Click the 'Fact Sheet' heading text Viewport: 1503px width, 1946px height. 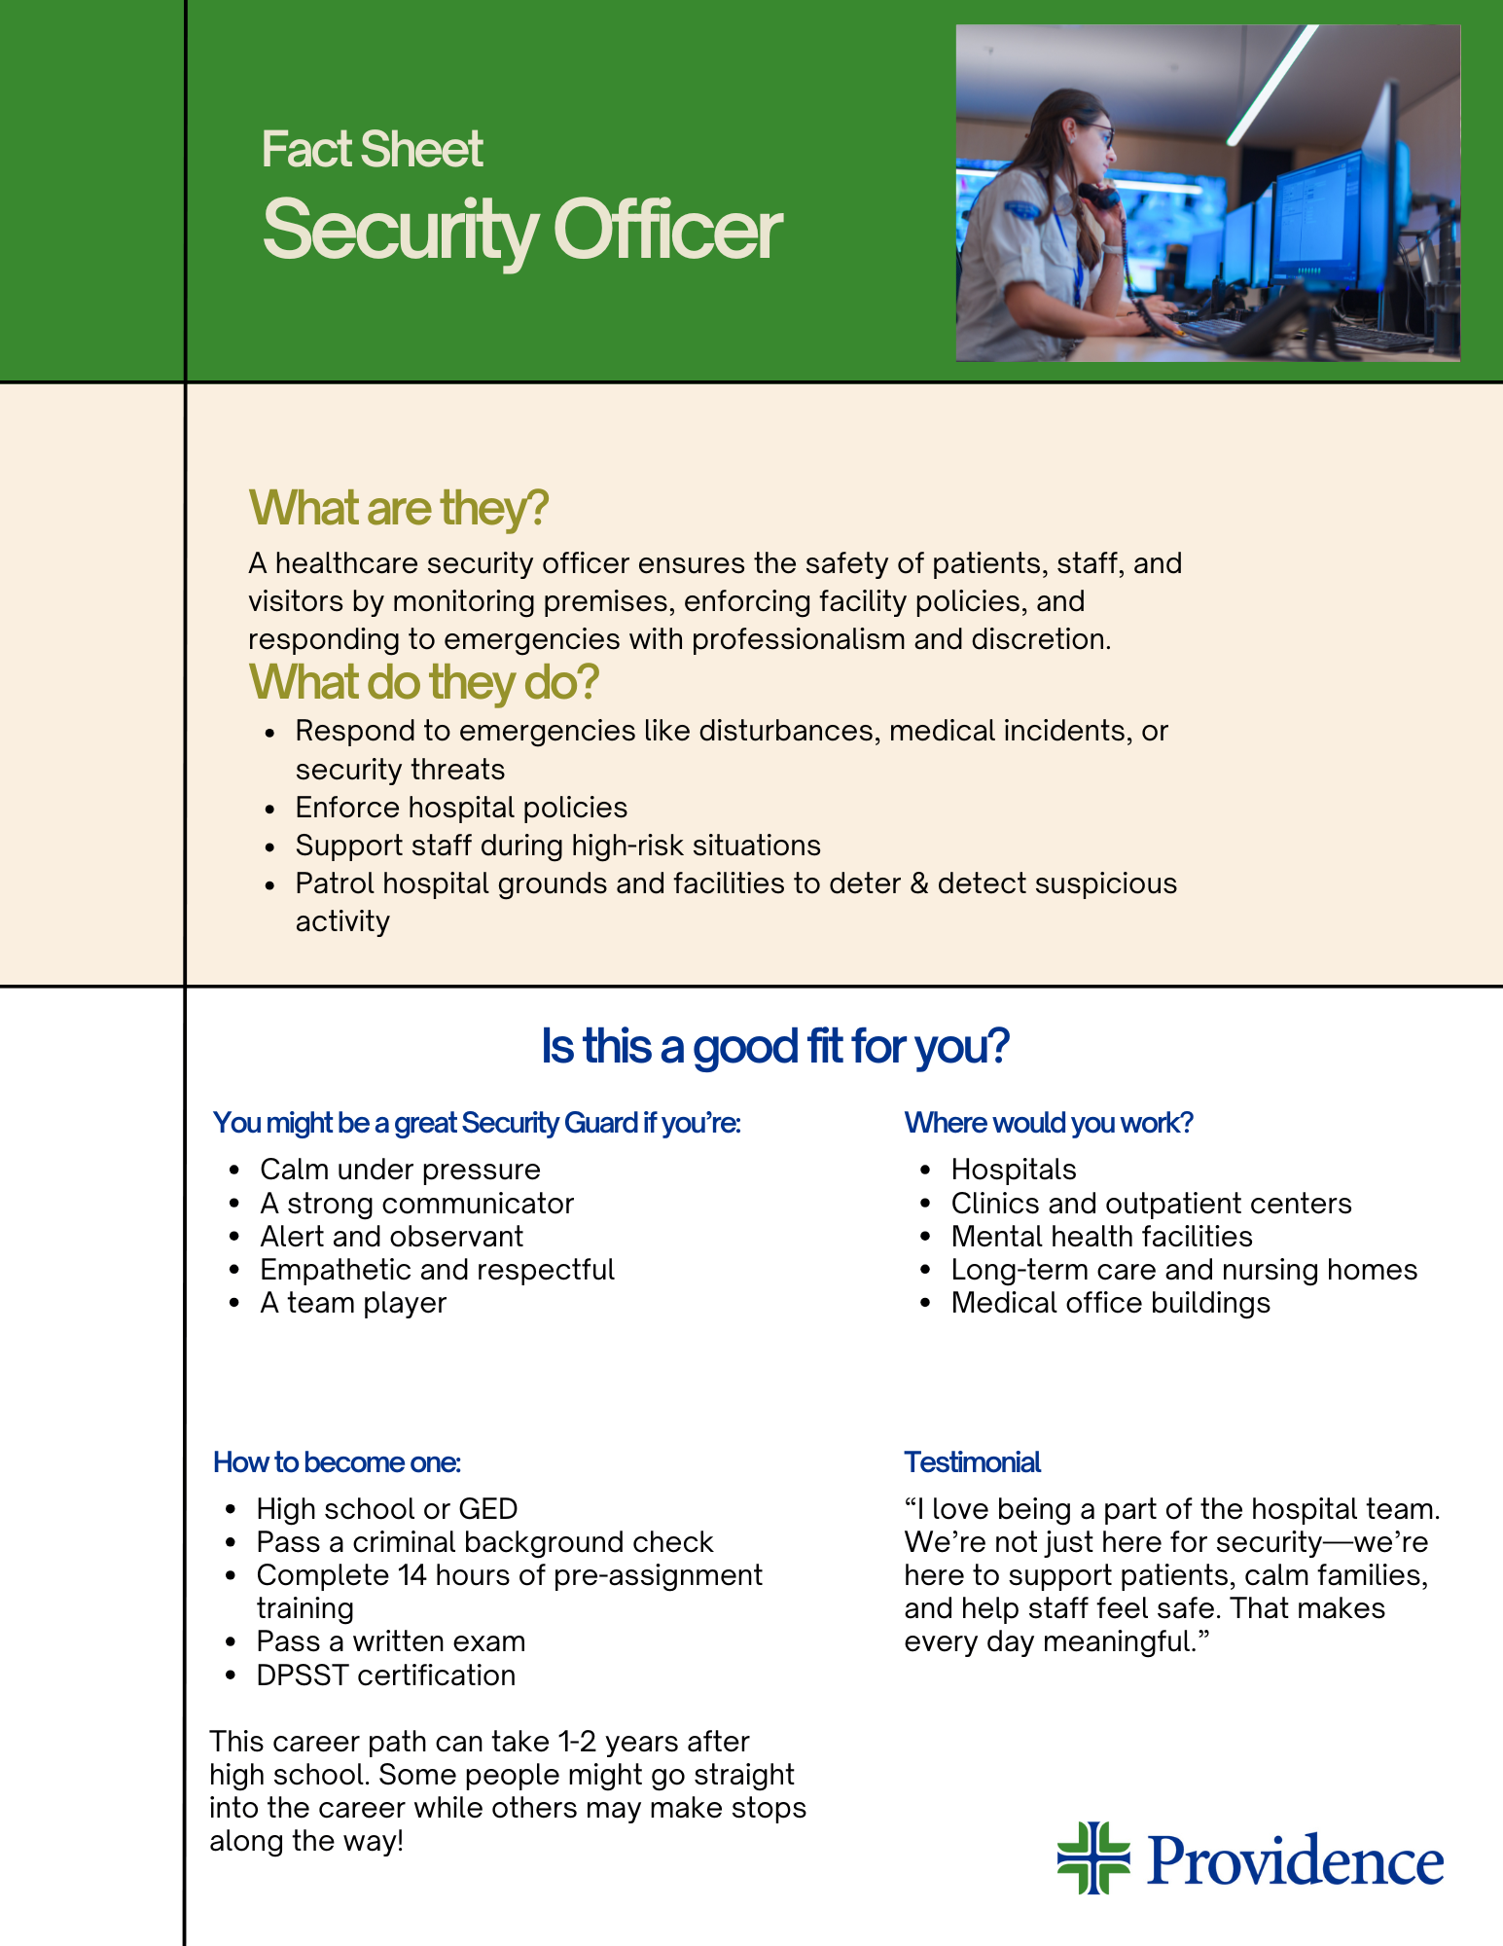click(372, 150)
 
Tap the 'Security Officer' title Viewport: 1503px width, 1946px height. click(521, 231)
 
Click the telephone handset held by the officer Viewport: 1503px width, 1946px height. click(1100, 195)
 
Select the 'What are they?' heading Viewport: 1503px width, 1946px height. click(399, 508)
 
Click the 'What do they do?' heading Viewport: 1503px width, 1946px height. click(424, 682)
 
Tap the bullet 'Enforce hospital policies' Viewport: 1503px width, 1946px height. click(461, 808)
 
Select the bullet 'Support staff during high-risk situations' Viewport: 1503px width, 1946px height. click(557, 846)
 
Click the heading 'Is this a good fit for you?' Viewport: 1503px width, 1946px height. click(774, 1046)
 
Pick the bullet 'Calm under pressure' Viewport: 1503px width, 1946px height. click(400, 1170)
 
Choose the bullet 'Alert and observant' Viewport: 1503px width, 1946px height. click(391, 1237)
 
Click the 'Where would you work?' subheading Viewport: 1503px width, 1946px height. click(1048, 1123)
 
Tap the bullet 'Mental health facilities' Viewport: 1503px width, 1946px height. click(1101, 1237)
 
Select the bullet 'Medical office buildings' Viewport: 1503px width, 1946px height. click(1110, 1303)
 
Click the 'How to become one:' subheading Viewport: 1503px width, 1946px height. click(337, 1462)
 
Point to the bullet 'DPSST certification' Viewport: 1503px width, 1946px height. click(385, 1676)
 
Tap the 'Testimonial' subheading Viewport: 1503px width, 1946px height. click(972, 1462)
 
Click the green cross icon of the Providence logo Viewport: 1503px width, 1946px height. click(1093, 1857)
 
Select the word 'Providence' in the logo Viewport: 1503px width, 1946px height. click(1296, 1860)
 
